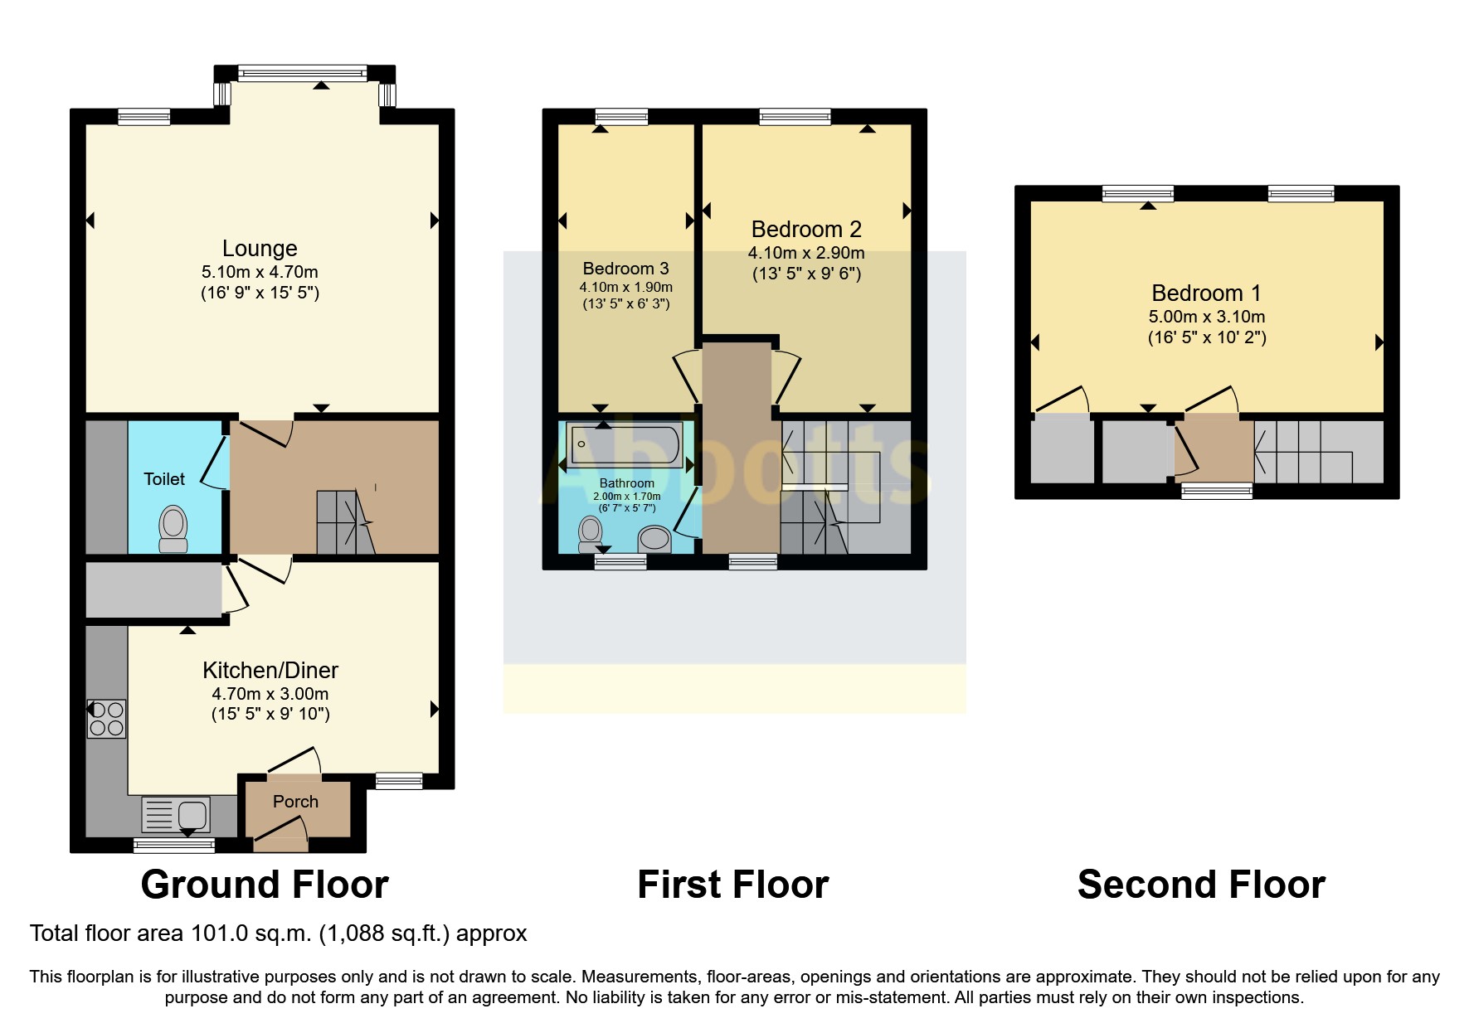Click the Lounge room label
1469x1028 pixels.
260,249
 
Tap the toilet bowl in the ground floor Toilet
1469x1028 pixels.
173,528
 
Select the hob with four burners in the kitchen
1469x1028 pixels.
107,719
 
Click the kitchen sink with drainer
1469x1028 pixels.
176,814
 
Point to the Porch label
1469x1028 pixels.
295,802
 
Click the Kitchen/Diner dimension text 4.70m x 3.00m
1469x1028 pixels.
270,694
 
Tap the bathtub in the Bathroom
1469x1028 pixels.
625,444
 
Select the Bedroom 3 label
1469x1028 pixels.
625,269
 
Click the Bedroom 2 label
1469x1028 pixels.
806,230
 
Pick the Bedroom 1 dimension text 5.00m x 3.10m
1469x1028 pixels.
1206,317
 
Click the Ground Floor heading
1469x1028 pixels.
265,885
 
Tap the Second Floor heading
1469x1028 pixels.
1201,885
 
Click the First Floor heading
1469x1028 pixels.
732,885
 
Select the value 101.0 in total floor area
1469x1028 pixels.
219,933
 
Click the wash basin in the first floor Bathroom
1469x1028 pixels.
654,539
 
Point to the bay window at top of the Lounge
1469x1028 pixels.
302,74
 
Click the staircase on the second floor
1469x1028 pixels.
1302,452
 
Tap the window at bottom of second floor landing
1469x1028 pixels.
1217,492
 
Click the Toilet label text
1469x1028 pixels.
164,479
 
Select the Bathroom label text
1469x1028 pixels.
626,483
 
